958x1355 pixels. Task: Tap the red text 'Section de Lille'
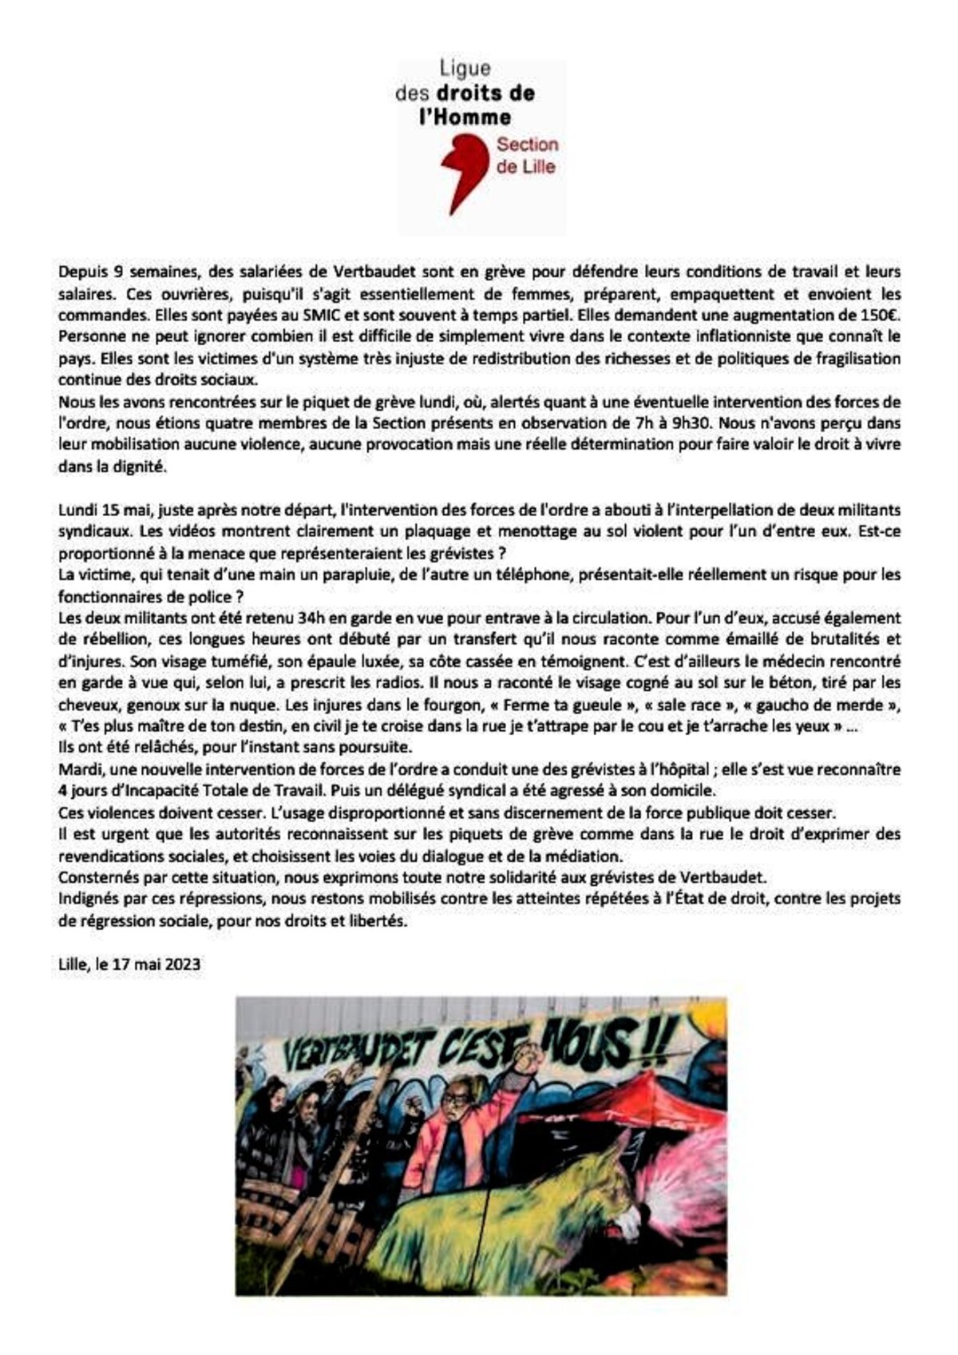527,156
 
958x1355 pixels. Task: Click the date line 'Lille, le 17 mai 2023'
129,964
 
